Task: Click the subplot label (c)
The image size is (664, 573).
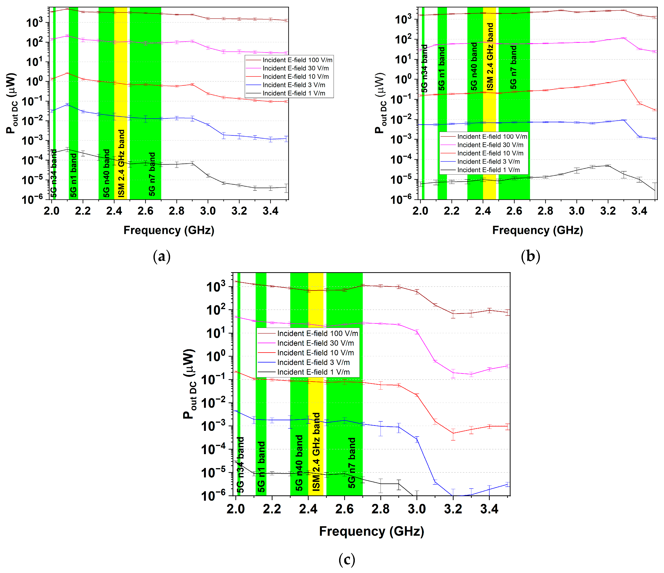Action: [x=346, y=560]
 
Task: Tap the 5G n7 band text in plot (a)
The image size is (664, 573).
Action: [x=152, y=174]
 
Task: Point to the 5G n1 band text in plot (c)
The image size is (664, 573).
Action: [x=262, y=467]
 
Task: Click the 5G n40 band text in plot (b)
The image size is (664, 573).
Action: [x=474, y=66]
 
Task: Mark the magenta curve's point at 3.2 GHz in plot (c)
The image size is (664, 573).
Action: [x=453, y=373]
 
